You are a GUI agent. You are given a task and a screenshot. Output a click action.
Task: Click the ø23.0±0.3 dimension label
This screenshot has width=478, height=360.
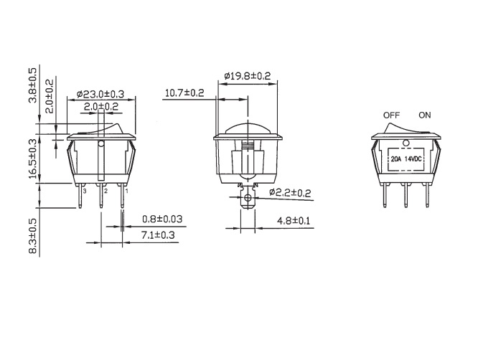click(x=100, y=94)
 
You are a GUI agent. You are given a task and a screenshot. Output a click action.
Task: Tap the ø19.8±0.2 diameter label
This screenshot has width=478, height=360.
click(x=247, y=76)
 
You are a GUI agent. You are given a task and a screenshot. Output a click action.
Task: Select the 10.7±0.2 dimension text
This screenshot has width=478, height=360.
click(x=184, y=93)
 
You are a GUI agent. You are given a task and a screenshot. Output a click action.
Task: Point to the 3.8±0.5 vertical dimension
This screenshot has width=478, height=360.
click(x=32, y=85)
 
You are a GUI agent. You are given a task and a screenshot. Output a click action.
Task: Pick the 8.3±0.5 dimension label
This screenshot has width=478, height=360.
click(x=32, y=236)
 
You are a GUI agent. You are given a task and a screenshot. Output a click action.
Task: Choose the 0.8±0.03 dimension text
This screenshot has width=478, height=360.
click(x=162, y=219)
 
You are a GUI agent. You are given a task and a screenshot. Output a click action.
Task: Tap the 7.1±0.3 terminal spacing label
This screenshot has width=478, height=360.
click(x=158, y=235)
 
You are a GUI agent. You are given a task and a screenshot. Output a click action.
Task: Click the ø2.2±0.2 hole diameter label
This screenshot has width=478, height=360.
click(x=290, y=192)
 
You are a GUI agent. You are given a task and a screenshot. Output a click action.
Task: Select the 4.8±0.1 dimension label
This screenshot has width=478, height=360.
click(x=294, y=220)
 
